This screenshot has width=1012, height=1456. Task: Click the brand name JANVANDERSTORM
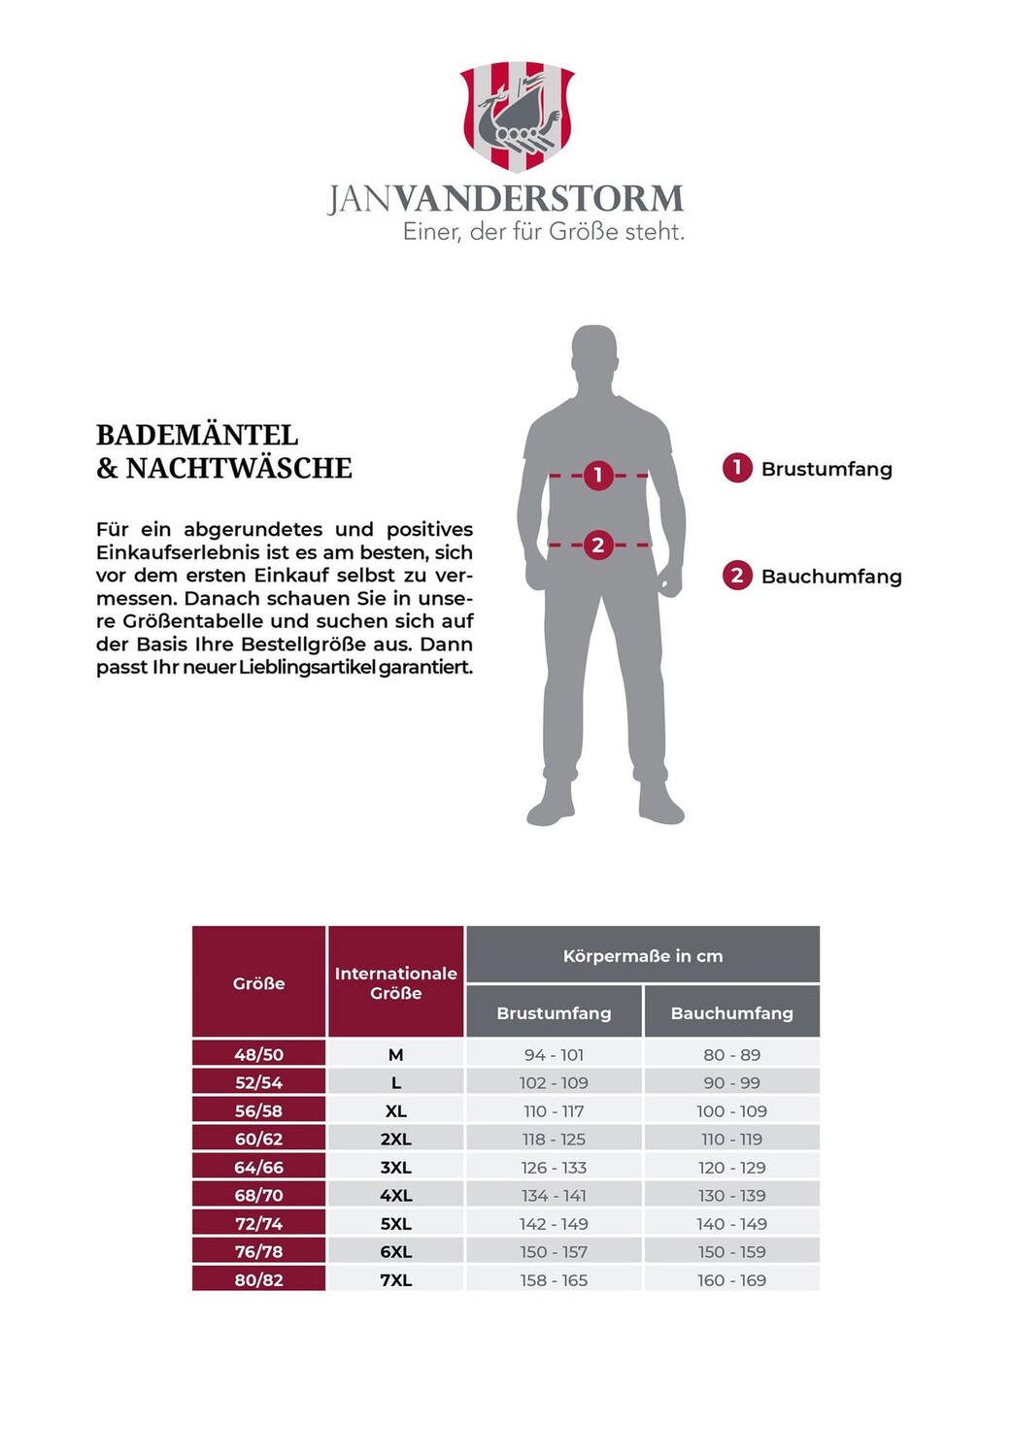505,199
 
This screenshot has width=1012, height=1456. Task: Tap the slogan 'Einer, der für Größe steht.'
544,232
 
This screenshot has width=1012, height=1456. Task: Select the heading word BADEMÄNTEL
197,435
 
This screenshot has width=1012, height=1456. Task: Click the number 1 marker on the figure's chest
598,475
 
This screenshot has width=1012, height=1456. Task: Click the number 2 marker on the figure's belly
598,546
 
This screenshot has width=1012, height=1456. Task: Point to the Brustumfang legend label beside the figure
826,469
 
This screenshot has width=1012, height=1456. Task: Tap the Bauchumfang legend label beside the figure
830,577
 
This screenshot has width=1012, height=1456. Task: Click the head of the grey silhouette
594,354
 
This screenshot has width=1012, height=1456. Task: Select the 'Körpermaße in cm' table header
642,956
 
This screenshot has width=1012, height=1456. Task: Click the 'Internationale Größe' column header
395,983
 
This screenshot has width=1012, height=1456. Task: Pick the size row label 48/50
258,1055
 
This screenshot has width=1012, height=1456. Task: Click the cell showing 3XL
395,1168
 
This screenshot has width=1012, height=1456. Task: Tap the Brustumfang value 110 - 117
554,1111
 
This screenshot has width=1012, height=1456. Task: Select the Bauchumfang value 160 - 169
731,1280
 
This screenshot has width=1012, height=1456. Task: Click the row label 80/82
258,1280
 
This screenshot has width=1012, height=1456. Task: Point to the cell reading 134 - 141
554,1196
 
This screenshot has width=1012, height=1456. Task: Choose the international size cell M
395,1055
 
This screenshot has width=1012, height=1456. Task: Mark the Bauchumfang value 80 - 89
731,1055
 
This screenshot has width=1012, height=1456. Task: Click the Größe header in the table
258,983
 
